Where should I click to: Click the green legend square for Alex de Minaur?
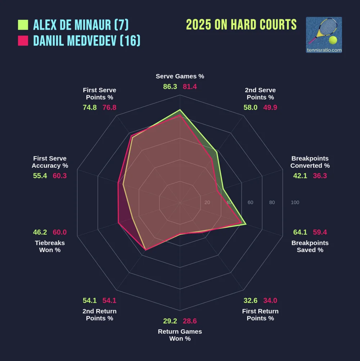coord(23,25)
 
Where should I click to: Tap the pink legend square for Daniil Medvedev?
coord(23,41)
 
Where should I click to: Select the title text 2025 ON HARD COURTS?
coord(241,25)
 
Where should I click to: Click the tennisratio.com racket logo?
coord(324,35)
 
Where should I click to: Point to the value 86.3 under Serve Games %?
coord(170,87)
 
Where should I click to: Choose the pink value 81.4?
coord(190,87)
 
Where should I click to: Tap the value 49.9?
coord(270,108)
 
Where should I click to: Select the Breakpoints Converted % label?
coord(310,162)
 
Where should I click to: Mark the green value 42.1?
coord(300,176)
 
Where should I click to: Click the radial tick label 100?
coord(295,202)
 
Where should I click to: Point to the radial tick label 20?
coord(207,202)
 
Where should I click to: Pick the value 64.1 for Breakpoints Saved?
coord(300,232)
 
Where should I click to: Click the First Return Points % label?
coord(260,315)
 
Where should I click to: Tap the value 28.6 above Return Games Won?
coord(190,321)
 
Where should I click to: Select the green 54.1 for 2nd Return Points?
coord(90,301)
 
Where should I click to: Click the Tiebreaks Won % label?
coord(50,246)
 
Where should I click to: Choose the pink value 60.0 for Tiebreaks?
coord(60,232)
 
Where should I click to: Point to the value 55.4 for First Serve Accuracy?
coord(40,176)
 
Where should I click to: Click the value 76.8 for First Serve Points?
coord(109,108)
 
